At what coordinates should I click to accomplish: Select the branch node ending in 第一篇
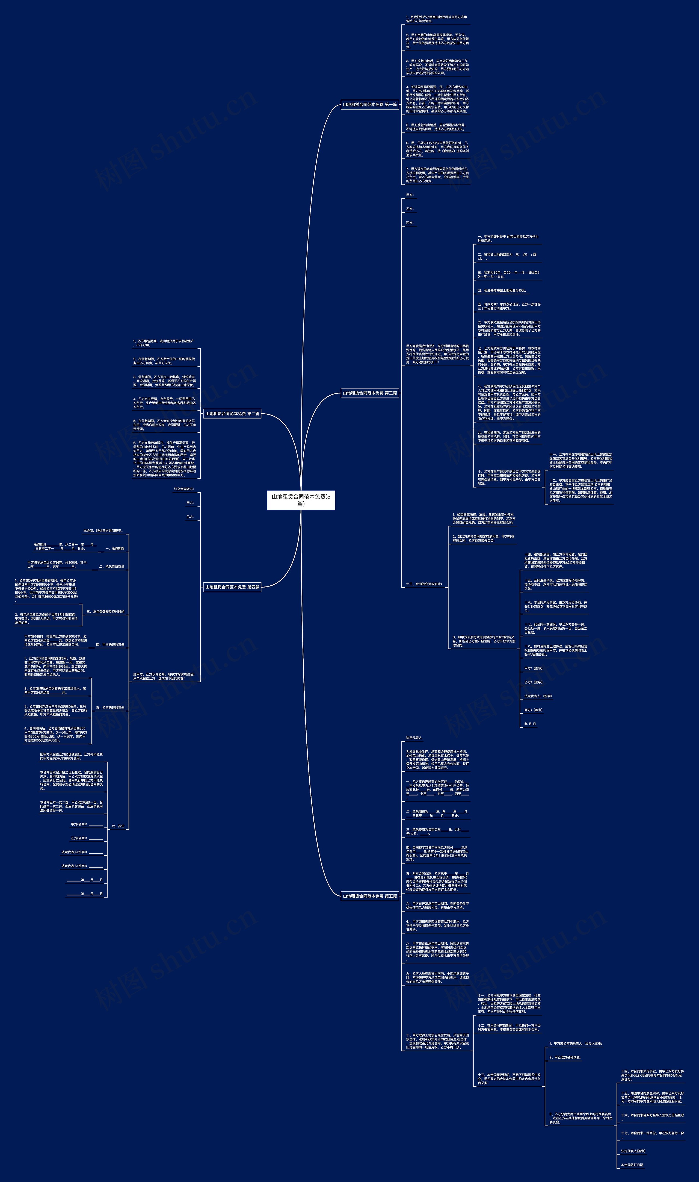[x=370, y=105]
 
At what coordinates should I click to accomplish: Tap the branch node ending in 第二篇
[x=232, y=414]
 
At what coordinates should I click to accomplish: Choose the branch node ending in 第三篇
[x=370, y=393]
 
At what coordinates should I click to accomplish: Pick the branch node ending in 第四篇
[x=232, y=587]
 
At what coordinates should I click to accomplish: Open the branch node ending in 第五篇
[x=370, y=896]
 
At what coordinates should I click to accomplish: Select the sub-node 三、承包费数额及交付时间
[x=105, y=612]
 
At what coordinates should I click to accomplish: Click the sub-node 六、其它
[x=118, y=826]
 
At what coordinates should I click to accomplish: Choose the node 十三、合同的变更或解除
[x=424, y=584]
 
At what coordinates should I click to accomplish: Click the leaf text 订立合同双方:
[x=184, y=489]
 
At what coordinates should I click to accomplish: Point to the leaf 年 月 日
[x=530, y=724]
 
